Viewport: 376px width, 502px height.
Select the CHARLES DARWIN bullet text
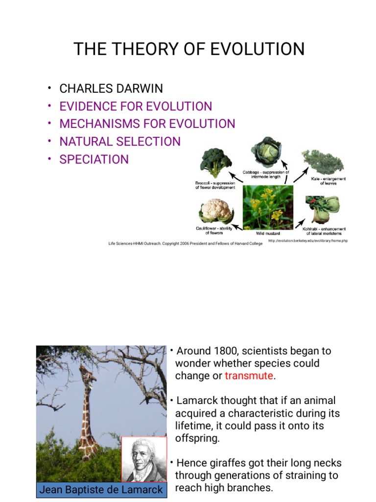click(x=111, y=89)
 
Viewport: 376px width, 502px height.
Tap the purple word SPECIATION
click(x=94, y=159)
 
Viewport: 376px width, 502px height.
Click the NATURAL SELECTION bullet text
click(x=120, y=142)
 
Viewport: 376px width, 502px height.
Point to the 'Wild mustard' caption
click(x=268, y=233)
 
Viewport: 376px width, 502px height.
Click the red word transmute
click(x=249, y=376)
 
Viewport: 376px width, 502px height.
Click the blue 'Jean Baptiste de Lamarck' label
click(x=101, y=490)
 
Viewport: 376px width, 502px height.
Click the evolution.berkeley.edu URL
click(x=308, y=241)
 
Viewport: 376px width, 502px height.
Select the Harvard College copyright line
click(x=186, y=243)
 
